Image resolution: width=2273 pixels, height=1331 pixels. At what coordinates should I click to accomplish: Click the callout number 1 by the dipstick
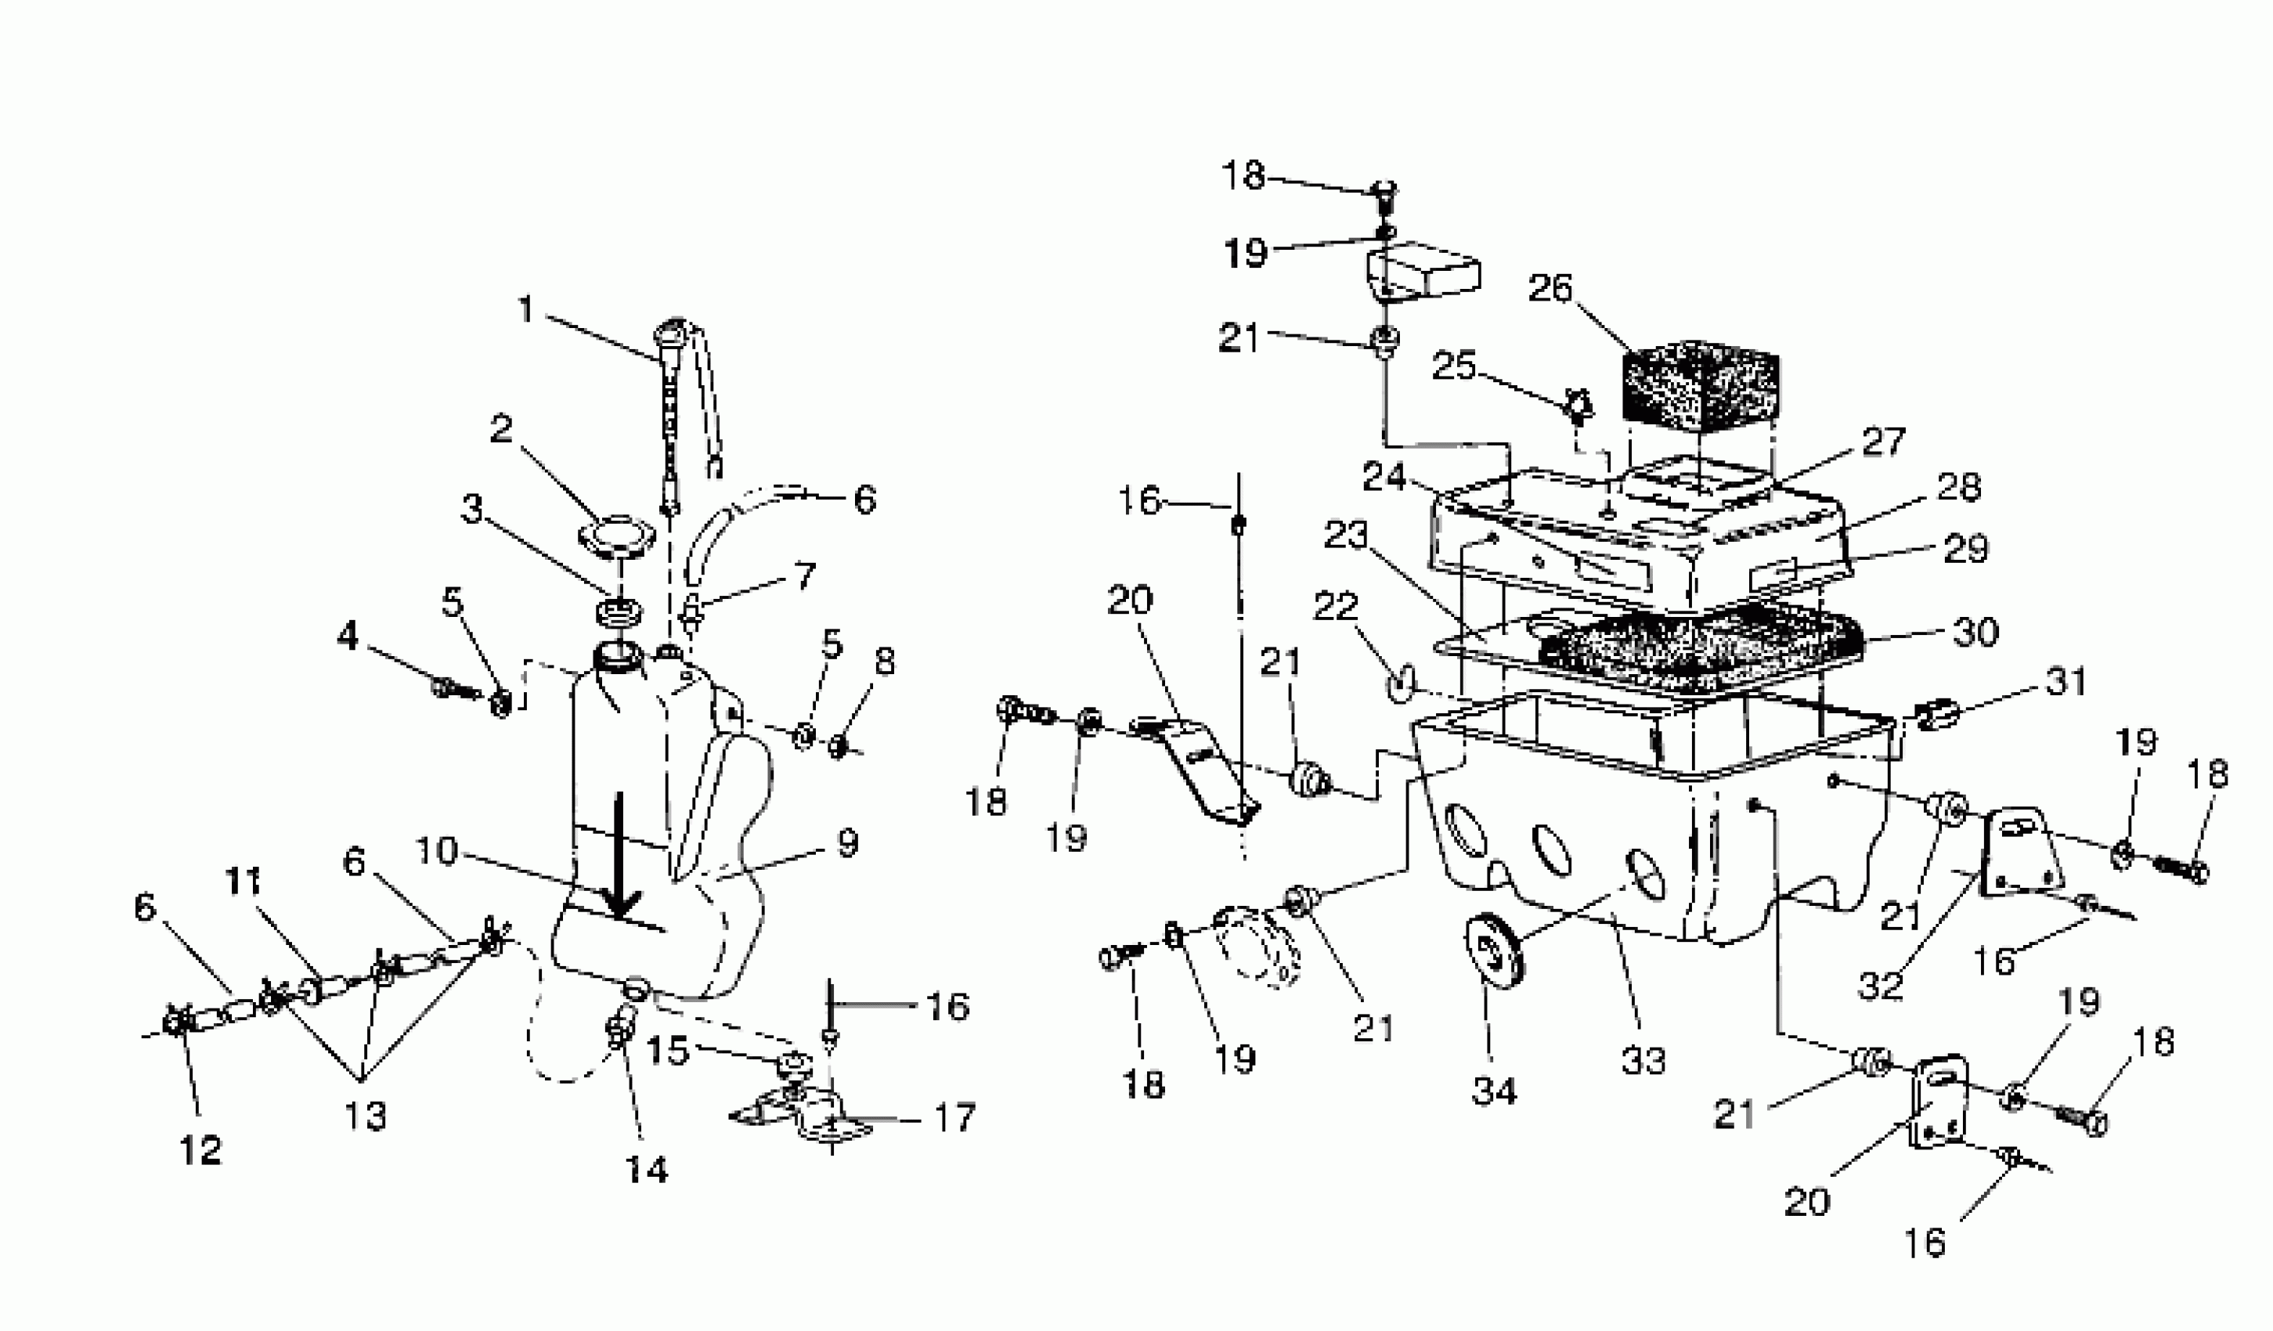pyautogui.click(x=525, y=309)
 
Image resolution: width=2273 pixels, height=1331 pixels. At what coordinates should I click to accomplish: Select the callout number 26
pyautogui.click(x=1550, y=289)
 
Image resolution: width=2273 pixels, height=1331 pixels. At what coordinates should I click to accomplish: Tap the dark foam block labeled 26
pyautogui.click(x=1700, y=383)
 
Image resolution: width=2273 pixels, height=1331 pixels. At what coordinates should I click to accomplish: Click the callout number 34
pyautogui.click(x=1494, y=1091)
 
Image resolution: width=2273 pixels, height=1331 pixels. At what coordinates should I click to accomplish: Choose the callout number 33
pyautogui.click(x=1643, y=1060)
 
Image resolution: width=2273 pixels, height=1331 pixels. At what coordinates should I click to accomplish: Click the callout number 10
pyautogui.click(x=437, y=850)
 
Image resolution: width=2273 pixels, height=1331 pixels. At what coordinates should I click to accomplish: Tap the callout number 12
pyautogui.click(x=200, y=1149)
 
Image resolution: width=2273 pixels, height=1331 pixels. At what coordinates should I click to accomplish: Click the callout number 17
pyautogui.click(x=954, y=1117)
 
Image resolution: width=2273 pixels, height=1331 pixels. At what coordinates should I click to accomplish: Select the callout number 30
pyautogui.click(x=1975, y=631)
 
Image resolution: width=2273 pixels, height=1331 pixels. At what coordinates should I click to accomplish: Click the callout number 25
pyautogui.click(x=1453, y=366)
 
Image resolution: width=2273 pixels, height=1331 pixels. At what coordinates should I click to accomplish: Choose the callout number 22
pyautogui.click(x=1335, y=606)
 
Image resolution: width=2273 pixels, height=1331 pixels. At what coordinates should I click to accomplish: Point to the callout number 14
pyautogui.click(x=647, y=1170)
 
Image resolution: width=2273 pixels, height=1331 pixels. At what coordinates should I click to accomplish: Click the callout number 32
pyautogui.click(x=1881, y=986)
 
